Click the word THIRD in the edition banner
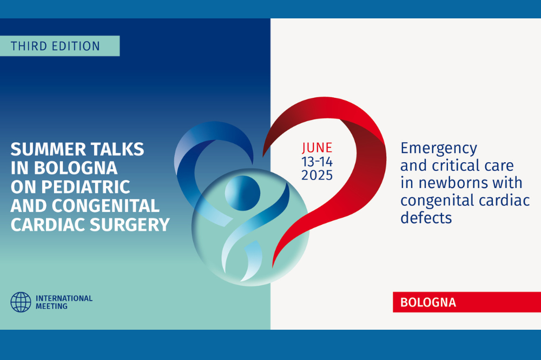pos(29,46)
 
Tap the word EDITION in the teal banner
pos(75,46)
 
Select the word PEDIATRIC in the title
pos(85,187)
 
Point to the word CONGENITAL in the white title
pos(105,206)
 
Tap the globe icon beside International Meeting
pos(21,302)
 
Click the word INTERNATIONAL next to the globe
pos(64,298)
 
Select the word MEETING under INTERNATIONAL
pos(52,306)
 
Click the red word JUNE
pos(317,148)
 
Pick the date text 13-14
pos(317,162)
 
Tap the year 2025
pos(317,176)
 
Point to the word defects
pos(426,218)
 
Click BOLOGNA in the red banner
pos(428,302)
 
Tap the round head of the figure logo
pos(242,193)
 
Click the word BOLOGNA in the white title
pos(76,168)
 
